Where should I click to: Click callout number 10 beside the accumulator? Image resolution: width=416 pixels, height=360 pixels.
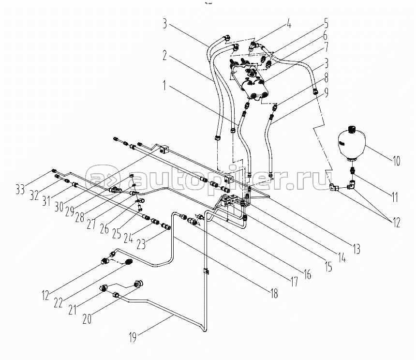point(395,161)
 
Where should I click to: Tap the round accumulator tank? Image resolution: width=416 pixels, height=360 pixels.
point(352,143)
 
